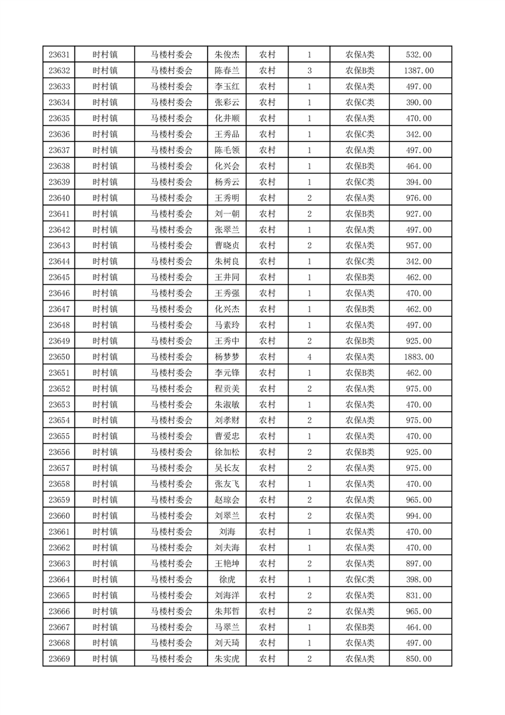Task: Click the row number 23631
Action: tap(59, 55)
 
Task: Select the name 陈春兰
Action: tap(227, 71)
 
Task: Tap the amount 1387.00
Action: tap(418, 71)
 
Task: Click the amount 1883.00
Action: tap(418, 357)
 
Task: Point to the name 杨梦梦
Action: tap(227, 357)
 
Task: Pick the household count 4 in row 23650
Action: tap(309, 357)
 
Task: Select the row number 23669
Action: tap(59, 659)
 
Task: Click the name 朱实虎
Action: tap(227, 659)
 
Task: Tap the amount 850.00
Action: tap(418, 659)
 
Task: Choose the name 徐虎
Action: tap(227, 579)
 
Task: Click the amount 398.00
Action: tap(418, 579)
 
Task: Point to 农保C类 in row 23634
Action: tap(360, 103)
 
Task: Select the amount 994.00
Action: tap(418, 516)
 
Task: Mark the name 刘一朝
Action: tap(227, 213)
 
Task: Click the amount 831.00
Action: tap(418, 595)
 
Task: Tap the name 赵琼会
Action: tap(227, 500)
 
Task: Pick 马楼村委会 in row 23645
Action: tap(171, 277)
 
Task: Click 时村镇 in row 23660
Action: tap(104, 516)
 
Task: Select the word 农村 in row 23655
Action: tap(267, 436)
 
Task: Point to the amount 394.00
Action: tap(418, 182)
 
